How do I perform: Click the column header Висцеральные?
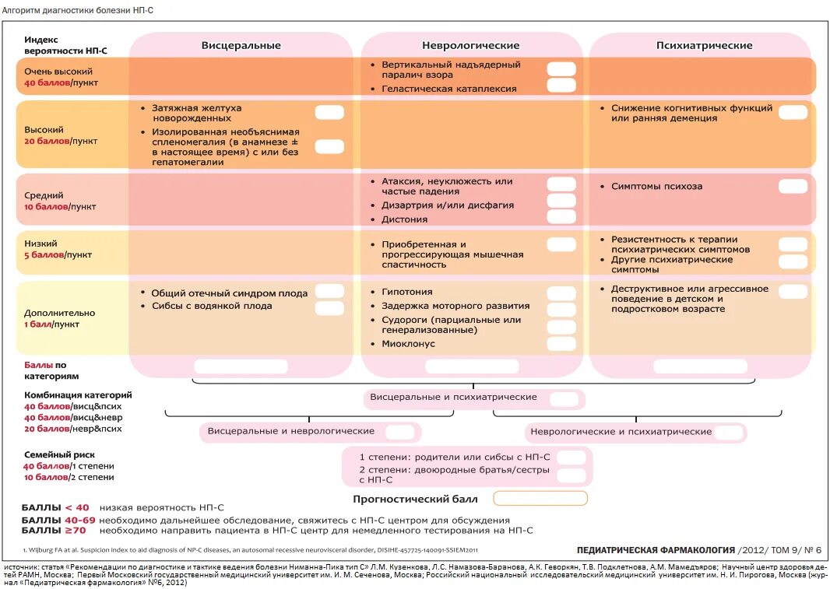click(241, 45)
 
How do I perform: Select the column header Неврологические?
click(471, 45)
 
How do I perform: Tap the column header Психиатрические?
click(704, 45)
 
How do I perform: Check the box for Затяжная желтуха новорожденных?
click(329, 113)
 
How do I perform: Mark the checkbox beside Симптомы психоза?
click(793, 187)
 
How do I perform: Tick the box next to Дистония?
click(561, 217)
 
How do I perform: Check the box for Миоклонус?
click(561, 343)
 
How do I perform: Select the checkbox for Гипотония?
click(561, 293)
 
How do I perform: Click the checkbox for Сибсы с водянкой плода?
click(329, 308)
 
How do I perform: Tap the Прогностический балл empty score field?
click(540, 499)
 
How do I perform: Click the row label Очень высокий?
click(53, 71)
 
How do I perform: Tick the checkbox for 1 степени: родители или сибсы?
click(571, 457)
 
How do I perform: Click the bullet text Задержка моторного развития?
click(455, 306)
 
